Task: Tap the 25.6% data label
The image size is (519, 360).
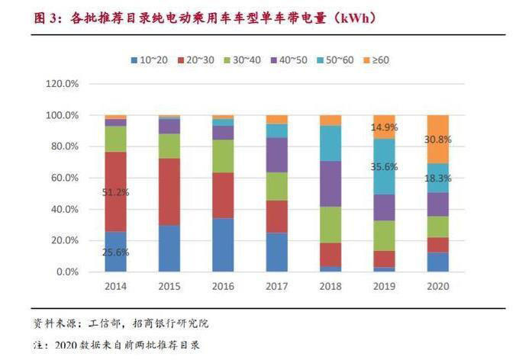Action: tap(115, 252)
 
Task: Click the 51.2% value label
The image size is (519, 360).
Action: tap(115, 192)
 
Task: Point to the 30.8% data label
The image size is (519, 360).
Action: tap(438, 140)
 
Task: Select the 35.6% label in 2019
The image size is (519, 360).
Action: tap(384, 166)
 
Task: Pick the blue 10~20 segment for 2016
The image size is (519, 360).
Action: tap(223, 245)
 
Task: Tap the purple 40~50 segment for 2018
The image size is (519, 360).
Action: tap(330, 184)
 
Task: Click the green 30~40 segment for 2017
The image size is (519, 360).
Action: tap(276, 186)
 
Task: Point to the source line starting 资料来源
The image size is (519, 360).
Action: tap(122, 323)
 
